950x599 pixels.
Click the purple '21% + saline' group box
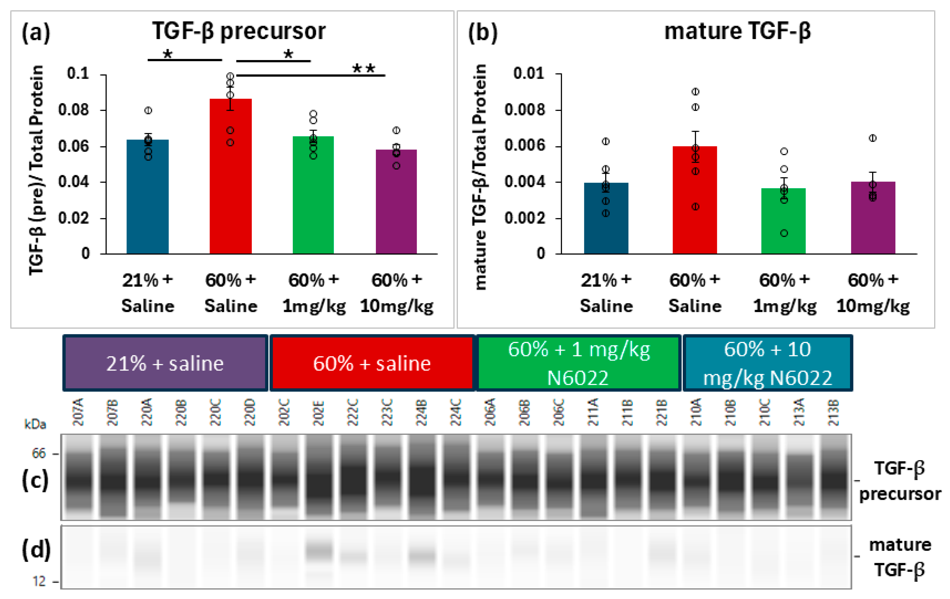(x=165, y=363)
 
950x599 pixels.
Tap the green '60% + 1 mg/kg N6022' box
(x=578, y=363)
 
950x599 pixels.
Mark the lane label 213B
(x=833, y=413)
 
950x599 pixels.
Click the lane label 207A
(x=78, y=413)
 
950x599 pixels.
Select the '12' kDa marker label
(x=39, y=581)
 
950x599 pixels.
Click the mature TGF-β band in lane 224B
(x=422, y=556)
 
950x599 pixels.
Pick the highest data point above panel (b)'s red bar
(x=695, y=91)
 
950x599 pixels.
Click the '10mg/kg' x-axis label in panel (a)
(x=397, y=306)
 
